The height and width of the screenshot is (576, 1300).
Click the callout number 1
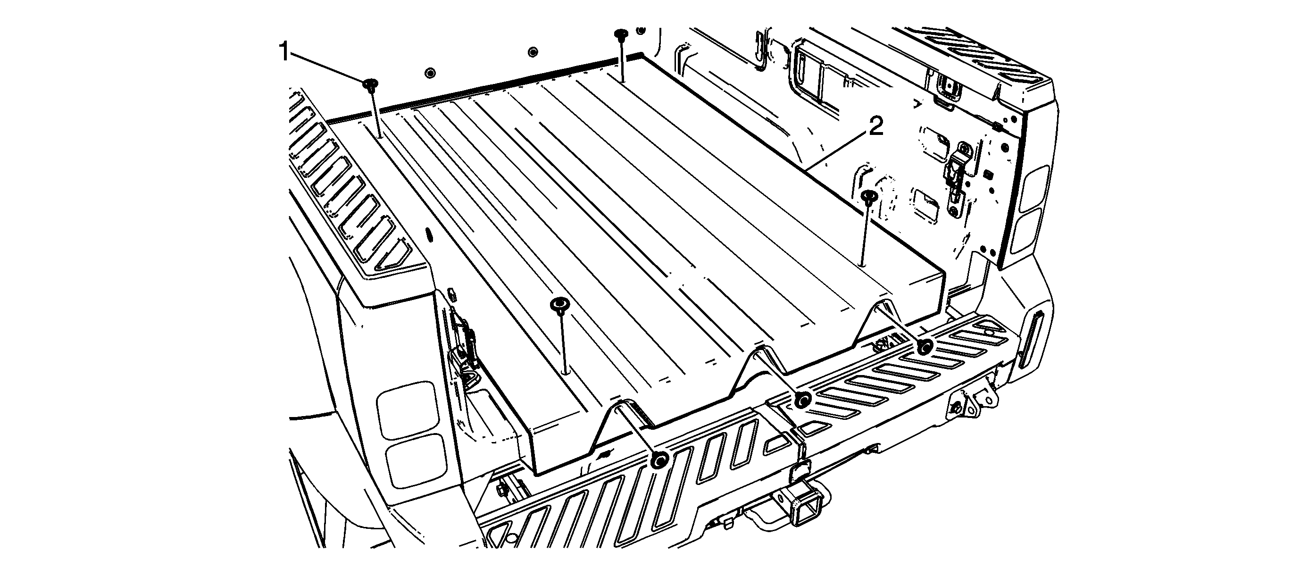[284, 52]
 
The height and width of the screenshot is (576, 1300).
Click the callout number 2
[875, 127]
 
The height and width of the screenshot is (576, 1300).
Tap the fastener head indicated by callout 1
[371, 83]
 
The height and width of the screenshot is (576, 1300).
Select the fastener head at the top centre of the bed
[620, 35]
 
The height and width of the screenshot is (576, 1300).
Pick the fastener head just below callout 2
[868, 195]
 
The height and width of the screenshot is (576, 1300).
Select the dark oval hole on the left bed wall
[429, 235]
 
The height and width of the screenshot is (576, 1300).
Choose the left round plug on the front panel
[430, 72]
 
